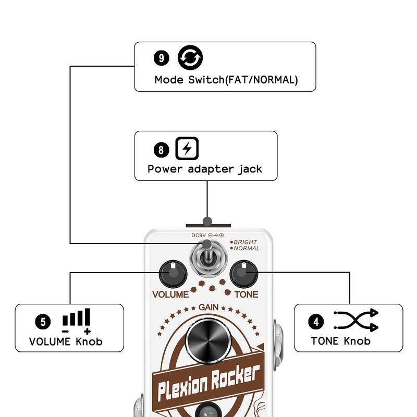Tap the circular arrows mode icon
click(190, 58)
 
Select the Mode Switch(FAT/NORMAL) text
click(226, 80)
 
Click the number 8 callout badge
click(161, 150)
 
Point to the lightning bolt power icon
click(187, 149)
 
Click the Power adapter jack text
click(205, 169)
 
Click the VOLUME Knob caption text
click(66, 342)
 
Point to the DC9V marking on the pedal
click(199, 236)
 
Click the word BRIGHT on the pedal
click(245, 242)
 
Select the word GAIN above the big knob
click(208, 308)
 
